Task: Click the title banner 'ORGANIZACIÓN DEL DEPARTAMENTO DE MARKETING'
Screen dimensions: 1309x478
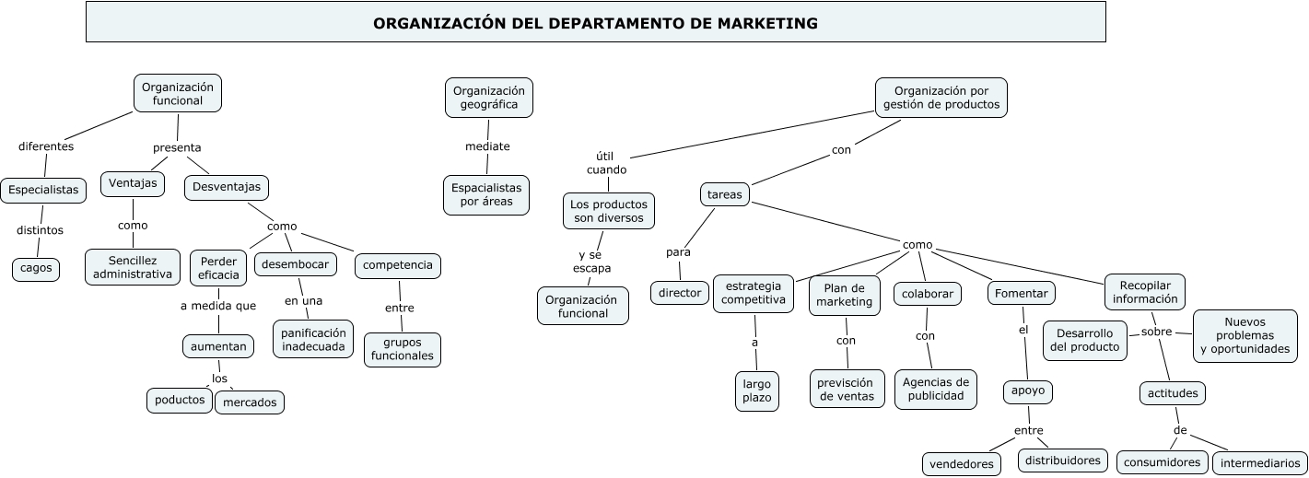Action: click(x=595, y=23)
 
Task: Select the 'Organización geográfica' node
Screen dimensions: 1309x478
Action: click(x=489, y=98)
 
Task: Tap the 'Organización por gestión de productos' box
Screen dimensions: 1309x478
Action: click(x=941, y=98)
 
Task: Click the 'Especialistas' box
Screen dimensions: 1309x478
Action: click(x=43, y=191)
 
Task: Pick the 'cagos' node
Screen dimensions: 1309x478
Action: click(x=36, y=268)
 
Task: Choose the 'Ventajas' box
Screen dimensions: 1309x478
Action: click(x=133, y=184)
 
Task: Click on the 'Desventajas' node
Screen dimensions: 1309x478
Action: click(x=227, y=187)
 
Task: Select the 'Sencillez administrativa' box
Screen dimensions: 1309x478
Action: click(x=133, y=267)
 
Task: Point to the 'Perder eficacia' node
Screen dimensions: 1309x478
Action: click(x=218, y=268)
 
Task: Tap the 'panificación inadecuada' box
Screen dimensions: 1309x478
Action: click(x=313, y=340)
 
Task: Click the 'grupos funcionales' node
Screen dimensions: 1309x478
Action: click(x=402, y=349)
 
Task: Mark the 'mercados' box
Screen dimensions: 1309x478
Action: click(x=250, y=402)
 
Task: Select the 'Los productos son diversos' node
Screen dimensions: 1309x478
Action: click(x=609, y=211)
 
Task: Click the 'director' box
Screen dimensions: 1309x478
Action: click(x=680, y=293)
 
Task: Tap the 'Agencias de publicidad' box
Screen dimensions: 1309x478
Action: click(x=935, y=389)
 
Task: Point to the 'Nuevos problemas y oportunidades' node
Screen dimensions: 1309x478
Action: click(x=1245, y=335)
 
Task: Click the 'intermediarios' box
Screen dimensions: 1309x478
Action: click(x=1258, y=462)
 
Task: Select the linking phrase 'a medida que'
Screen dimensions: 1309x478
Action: click(x=218, y=306)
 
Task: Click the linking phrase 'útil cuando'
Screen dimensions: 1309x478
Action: click(x=606, y=163)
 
